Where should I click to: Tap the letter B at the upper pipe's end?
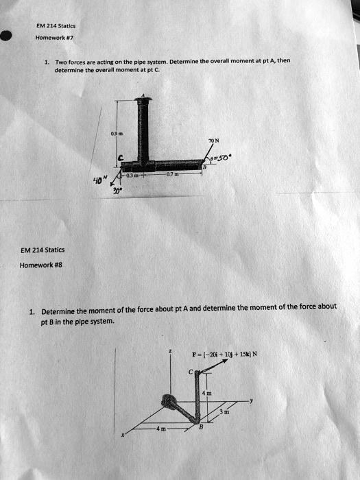[x=204, y=167]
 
